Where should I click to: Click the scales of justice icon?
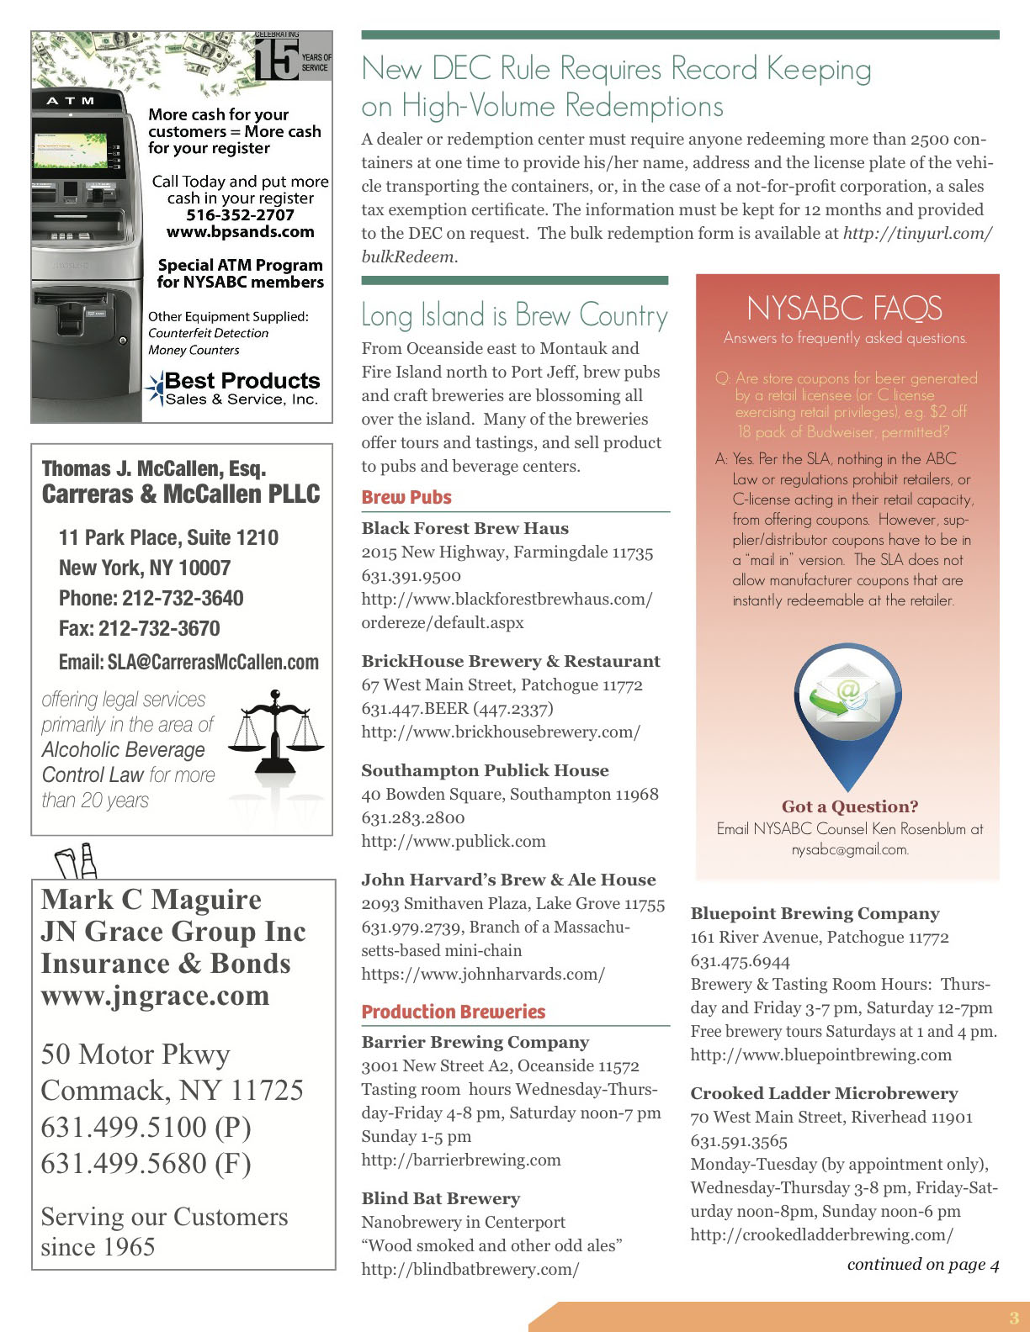(275, 732)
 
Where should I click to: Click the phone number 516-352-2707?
(240, 214)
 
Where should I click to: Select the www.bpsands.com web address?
(240, 231)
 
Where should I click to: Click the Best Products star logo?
(156, 388)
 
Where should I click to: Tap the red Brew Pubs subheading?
(406, 497)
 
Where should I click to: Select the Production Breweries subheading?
(453, 1012)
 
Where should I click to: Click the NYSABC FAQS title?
(844, 309)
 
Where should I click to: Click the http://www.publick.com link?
(453, 841)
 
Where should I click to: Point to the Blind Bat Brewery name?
(440, 1198)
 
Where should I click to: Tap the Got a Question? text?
(849, 806)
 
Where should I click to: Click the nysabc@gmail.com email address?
(849, 849)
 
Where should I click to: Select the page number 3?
(1013, 1318)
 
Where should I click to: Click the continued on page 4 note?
(922, 1264)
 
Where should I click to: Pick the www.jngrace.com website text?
(155, 996)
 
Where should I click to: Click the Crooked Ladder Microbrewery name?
(824, 1093)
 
